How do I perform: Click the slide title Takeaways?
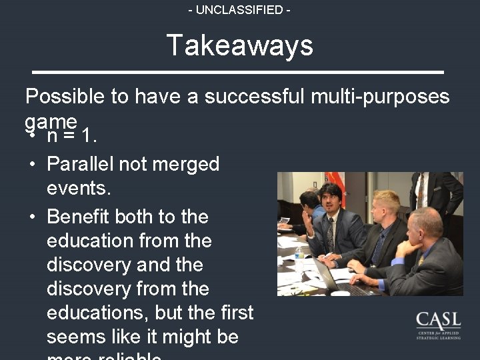coord(239,45)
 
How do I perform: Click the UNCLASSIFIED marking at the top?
coord(239,10)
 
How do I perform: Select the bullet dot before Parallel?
coord(31,164)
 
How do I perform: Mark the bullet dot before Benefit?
coord(31,217)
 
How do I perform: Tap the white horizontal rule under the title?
coord(238,71)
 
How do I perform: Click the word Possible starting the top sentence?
coord(65,97)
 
